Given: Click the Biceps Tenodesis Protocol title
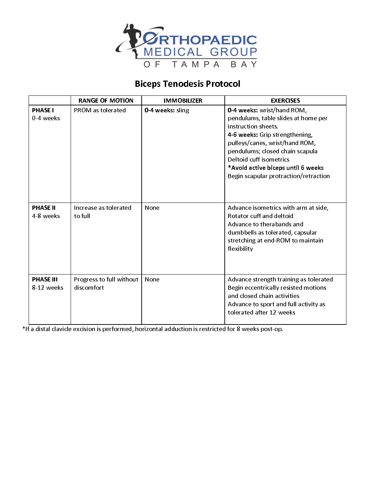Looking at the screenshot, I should [x=187, y=84].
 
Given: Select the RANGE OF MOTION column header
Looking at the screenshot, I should [x=106, y=101].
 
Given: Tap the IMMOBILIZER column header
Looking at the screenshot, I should [x=183, y=101].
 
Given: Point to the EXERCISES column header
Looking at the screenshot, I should [x=285, y=101].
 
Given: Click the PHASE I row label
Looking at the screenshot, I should [x=43, y=110].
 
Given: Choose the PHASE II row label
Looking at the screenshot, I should [x=44, y=208].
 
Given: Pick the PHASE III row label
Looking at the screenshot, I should [x=45, y=279].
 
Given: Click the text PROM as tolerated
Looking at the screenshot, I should [x=100, y=110].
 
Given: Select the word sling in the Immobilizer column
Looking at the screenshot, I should [x=183, y=110].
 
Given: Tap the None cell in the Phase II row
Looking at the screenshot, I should [x=152, y=208].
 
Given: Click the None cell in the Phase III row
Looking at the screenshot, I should [x=152, y=279].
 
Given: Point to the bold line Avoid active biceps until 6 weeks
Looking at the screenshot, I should [x=276, y=168].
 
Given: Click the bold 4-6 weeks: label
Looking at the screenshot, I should [x=243, y=135].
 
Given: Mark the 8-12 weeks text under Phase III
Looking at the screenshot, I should [x=48, y=288].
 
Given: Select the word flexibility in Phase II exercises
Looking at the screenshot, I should [x=240, y=249].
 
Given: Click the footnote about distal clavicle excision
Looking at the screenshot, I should [x=153, y=329].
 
